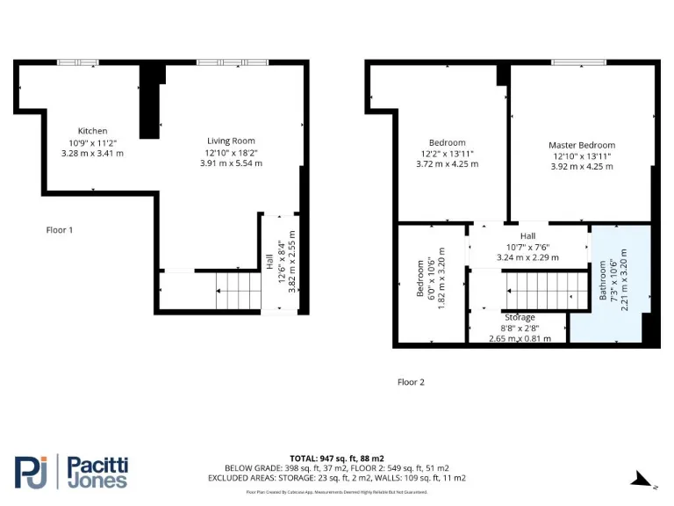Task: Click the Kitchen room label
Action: [92, 131]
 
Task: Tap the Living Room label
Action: [231, 141]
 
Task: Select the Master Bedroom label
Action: [581, 145]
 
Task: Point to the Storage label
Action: [520, 317]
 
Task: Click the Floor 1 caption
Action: [60, 230]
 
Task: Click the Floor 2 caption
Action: [411, 382]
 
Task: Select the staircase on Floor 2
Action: [544, 287]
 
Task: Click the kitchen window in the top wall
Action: [78, 62]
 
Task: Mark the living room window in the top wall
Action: [232, 62]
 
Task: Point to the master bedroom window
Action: [577, 62]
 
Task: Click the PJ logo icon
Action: [32, 472]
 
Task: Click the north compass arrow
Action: [642, 480]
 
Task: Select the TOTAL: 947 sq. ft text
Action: [337, 459]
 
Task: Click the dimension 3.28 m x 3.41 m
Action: [92, 153]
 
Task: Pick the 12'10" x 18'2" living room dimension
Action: [231, 152]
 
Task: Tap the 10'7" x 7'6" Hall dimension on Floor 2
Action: [527, 247]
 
